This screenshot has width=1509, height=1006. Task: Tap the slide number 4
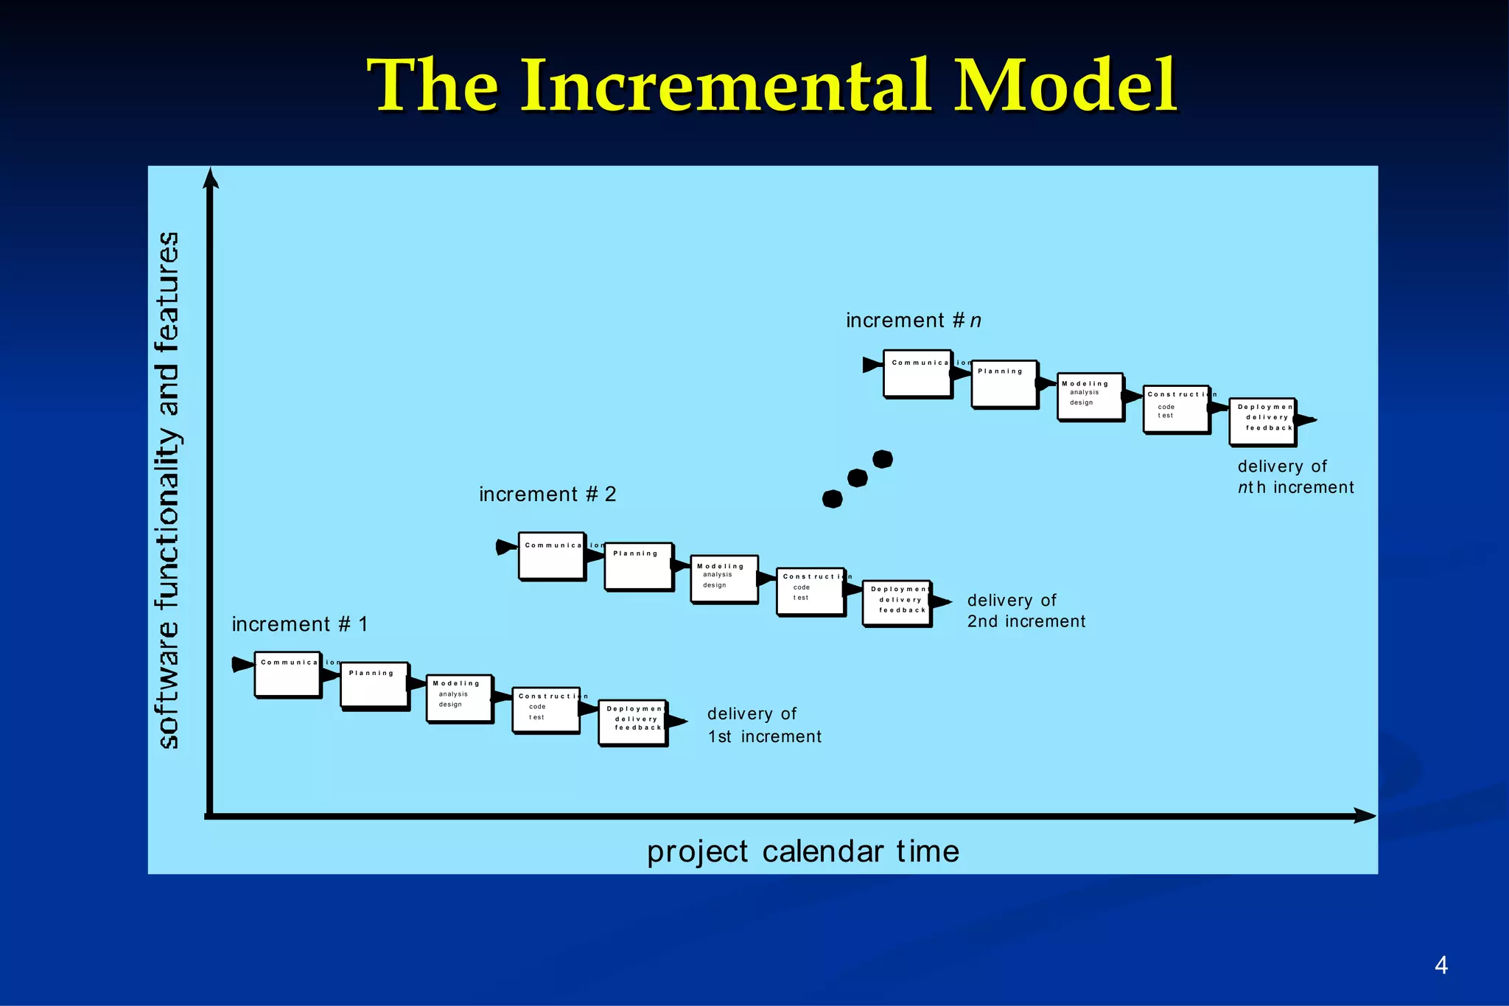[x=1441, y=965]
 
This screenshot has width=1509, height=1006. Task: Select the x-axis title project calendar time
[x=803, y=851]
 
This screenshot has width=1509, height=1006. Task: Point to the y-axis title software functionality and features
[x=169, y=490]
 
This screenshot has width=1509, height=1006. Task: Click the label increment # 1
[x=299, y=624]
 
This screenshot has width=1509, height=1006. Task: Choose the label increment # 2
[x=547, y=494]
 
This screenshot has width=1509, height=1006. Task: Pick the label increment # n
[x=914, y=321]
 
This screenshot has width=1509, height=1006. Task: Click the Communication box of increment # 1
[x=287, y=674]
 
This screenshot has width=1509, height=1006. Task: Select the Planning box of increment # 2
[x=638, y=566]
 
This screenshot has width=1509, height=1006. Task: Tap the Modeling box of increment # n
[x=1090, y=396]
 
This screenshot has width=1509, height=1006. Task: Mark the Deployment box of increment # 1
[x=632, y=722]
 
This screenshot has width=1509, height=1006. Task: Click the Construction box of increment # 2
[x=810, y=591]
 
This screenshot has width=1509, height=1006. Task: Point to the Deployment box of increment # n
[x=1262, y=422]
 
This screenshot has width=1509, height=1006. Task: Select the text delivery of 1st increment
[x=764, y=725]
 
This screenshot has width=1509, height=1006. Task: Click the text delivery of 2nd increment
[x=1026, y=611]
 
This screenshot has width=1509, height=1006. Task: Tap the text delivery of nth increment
[x=1295, y=477]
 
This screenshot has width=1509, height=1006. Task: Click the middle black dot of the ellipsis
[x=857, y=478]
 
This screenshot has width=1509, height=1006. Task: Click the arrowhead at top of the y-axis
[x=211, y=178]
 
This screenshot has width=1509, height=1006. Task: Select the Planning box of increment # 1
[x=374, y=685]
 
